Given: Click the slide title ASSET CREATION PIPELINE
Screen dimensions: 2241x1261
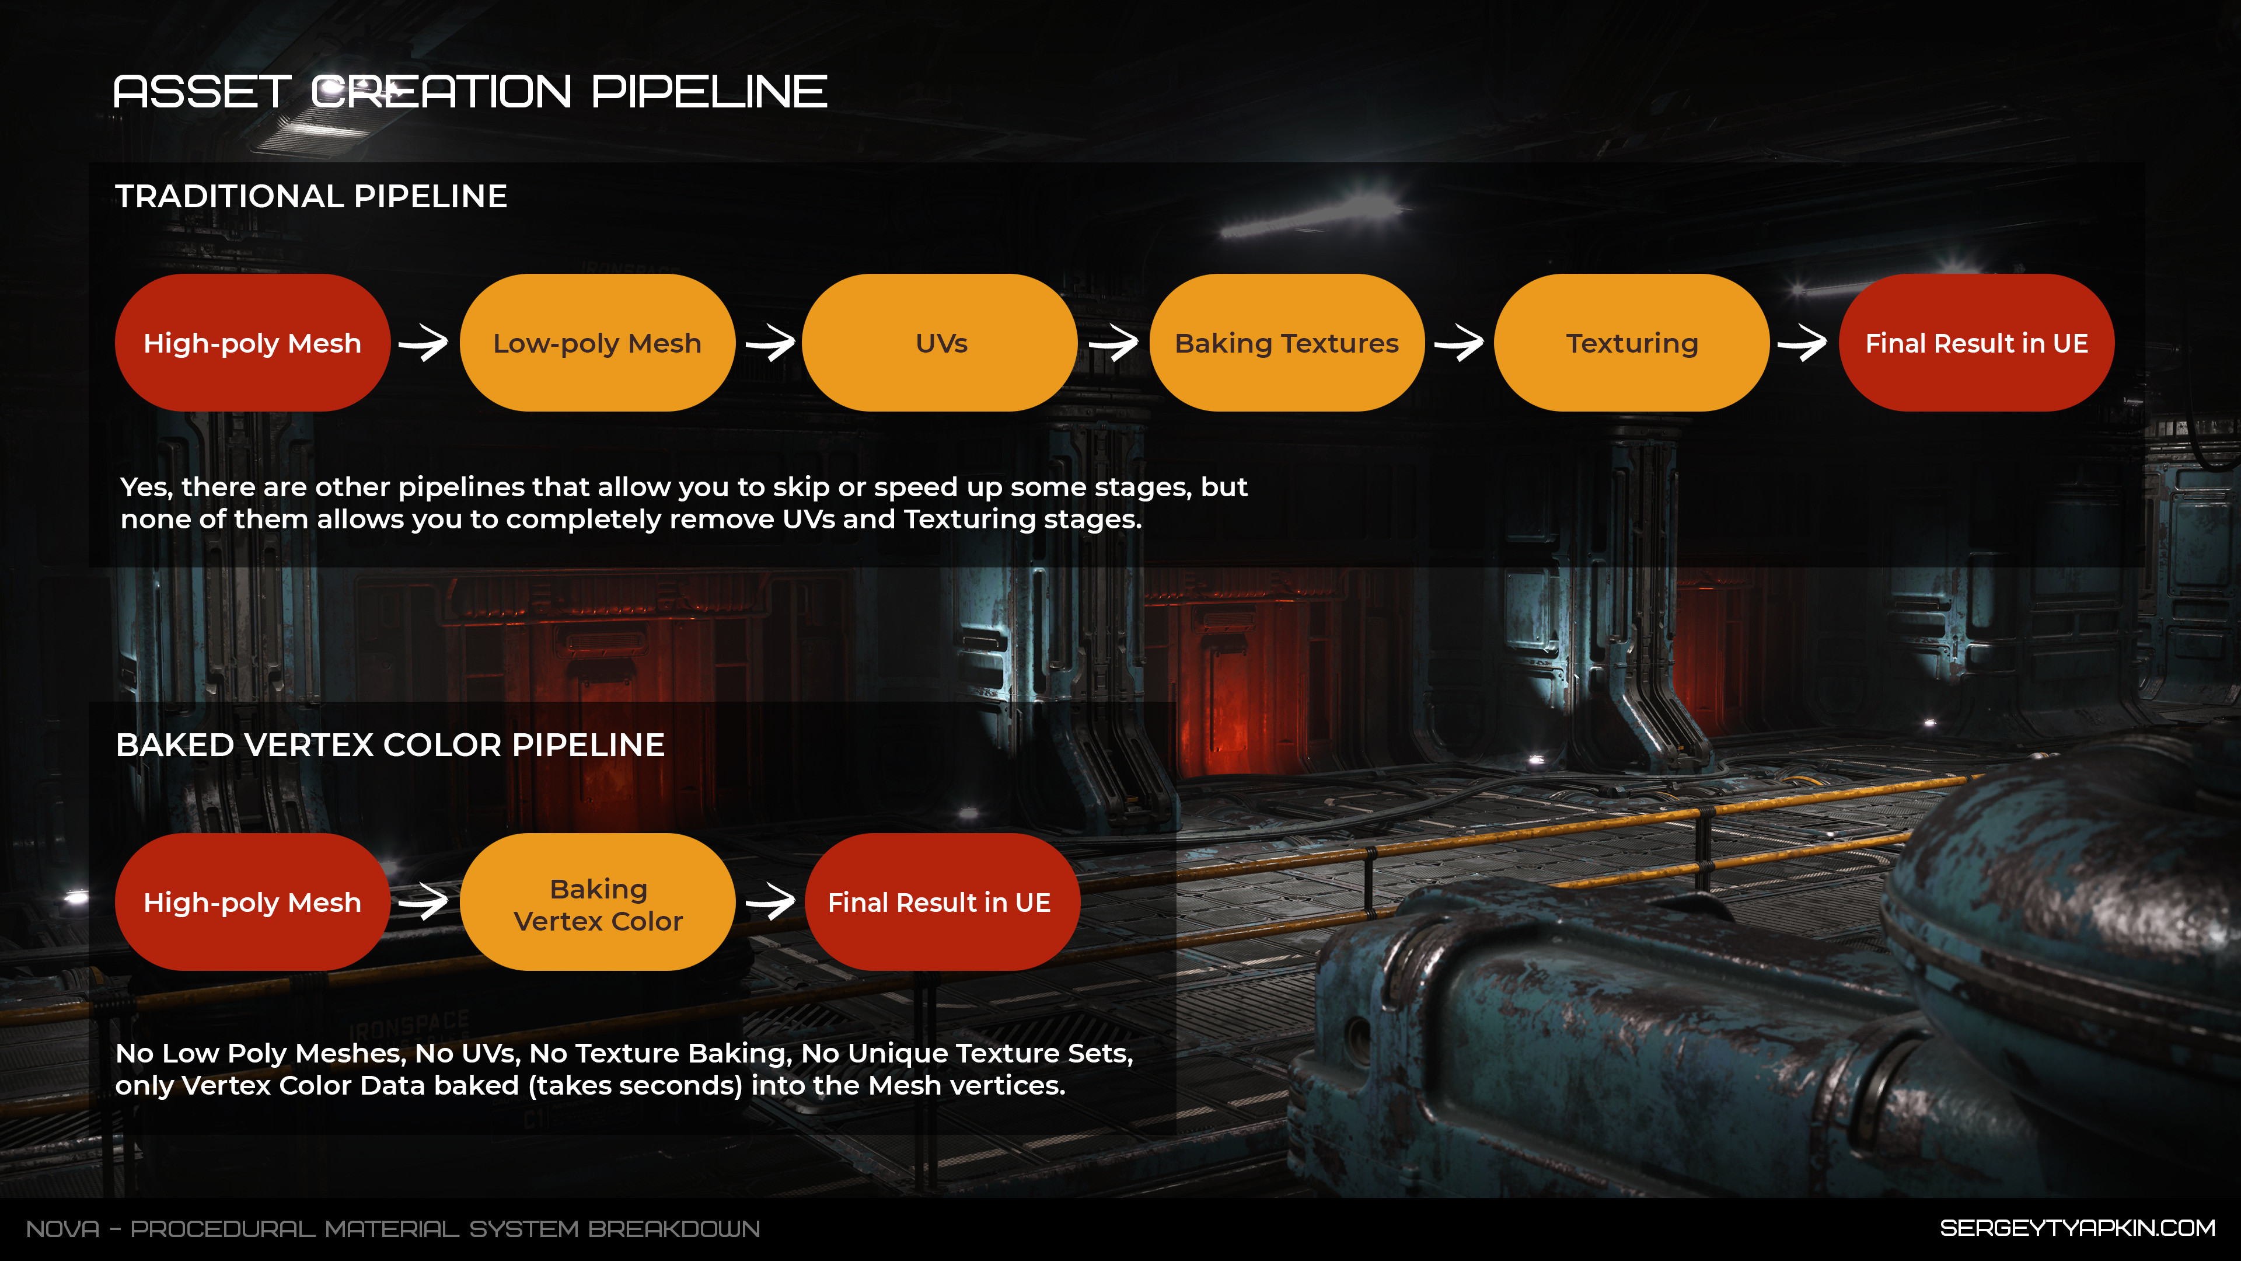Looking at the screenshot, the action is (470, 92).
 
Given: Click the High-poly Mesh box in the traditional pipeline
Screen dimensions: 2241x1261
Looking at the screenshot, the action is (252, 343).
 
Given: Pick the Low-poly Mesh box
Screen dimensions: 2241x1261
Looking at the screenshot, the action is (597, 343).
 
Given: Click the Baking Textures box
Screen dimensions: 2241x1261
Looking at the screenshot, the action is (1287, 343).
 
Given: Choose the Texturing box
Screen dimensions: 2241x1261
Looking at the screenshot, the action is (1632, 343).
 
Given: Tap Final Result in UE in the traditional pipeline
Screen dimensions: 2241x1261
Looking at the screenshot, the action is (1977, 343).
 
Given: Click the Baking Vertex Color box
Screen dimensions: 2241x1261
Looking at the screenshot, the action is (598, 903).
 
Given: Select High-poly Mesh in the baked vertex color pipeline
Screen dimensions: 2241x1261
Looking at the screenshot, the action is (252, 903).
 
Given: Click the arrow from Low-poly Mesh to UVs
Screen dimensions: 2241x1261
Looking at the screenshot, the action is (770, 343).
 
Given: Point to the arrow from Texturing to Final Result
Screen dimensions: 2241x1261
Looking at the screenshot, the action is (1803, 343).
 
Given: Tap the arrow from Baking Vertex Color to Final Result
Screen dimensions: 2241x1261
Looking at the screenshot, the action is (770, 903).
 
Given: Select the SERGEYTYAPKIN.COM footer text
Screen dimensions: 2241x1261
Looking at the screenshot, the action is (2078, 1228).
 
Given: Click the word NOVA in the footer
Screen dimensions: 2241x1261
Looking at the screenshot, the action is (62, 1229).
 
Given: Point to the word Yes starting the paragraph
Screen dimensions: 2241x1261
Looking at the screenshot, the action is (147, 487).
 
